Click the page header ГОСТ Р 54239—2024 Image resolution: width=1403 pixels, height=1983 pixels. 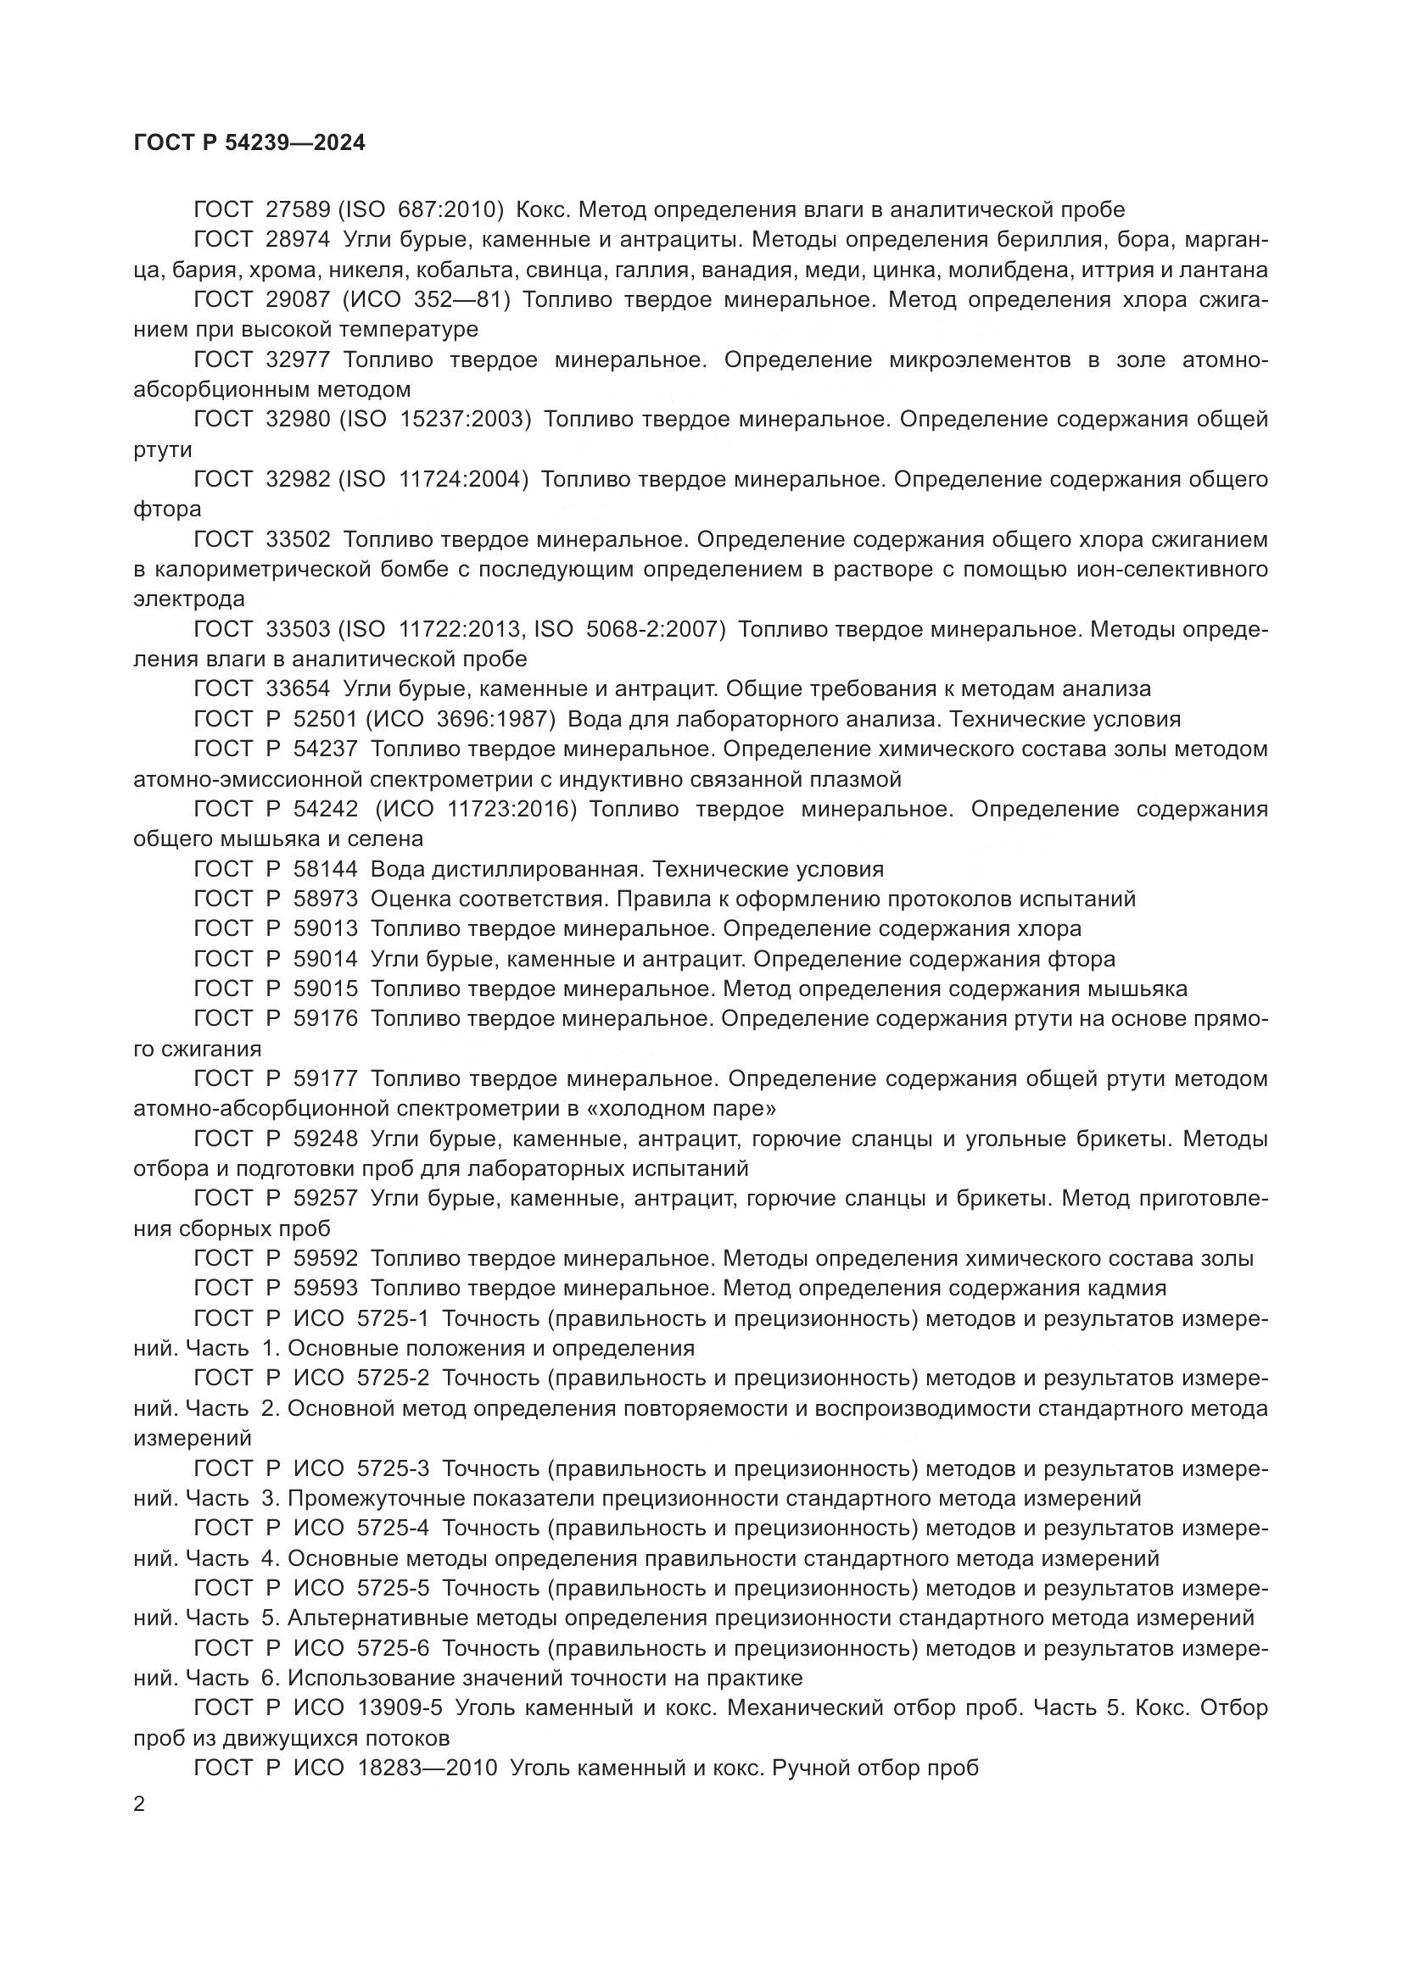point(249,142)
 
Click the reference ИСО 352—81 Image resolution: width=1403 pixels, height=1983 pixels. point(429,299)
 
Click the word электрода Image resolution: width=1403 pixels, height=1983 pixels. point(188,599)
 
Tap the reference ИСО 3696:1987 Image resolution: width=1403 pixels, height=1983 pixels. point(463,720)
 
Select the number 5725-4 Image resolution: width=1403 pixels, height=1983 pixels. point(392,1529)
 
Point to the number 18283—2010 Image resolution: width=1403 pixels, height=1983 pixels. point(427,1768)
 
